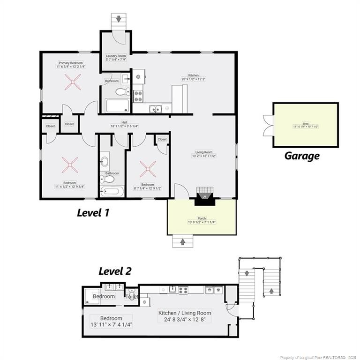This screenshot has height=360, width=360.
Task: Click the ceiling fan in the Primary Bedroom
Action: pos(73,85)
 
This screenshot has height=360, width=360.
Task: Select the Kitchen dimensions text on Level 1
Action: pos(194,79)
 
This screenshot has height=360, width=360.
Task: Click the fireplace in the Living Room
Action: pos(204,196)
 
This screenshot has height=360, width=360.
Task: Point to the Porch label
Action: pos(202,218)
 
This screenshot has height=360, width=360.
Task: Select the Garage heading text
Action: pos(302,156)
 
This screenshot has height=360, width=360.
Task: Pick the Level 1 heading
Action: pos(93,213)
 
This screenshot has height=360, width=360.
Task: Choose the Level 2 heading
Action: pos(115,271)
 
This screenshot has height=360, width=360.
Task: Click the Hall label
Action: pos(124,122)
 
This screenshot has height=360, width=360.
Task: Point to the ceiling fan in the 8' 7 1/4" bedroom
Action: pos(148,167)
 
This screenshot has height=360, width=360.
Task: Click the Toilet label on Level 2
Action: pos(132,297)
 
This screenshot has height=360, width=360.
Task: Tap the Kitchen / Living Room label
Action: pos(184,313)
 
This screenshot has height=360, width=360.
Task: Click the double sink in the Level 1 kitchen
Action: pos(156,109)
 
